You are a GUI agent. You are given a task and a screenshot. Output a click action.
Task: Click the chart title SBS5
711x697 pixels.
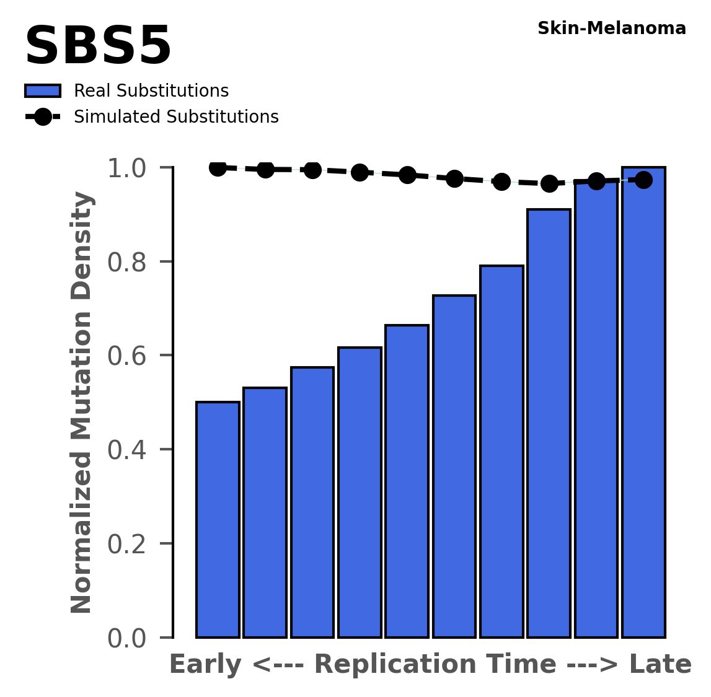click(97, 47)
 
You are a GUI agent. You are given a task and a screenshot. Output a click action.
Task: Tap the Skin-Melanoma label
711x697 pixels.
click(611, 28)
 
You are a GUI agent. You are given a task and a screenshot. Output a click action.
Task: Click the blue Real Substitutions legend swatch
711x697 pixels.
click(42, 91)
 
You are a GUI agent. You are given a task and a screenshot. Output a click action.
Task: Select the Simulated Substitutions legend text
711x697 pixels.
click(176, 117)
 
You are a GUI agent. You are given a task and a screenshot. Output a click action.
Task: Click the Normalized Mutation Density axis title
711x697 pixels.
click(82, 402)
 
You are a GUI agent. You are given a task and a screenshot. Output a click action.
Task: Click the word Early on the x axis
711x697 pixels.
click(206, 665)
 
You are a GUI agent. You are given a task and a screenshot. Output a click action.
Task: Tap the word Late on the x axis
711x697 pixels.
click(660, 665)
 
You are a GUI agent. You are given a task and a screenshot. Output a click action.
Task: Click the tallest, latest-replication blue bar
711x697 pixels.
click(643, 403)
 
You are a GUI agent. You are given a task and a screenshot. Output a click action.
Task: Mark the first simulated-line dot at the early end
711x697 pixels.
click(218, 167)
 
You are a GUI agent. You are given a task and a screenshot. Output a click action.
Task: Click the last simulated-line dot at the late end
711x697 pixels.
click(643, 180)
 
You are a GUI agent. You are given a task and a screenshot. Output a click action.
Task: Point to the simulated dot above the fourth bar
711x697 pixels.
click(360, 173)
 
